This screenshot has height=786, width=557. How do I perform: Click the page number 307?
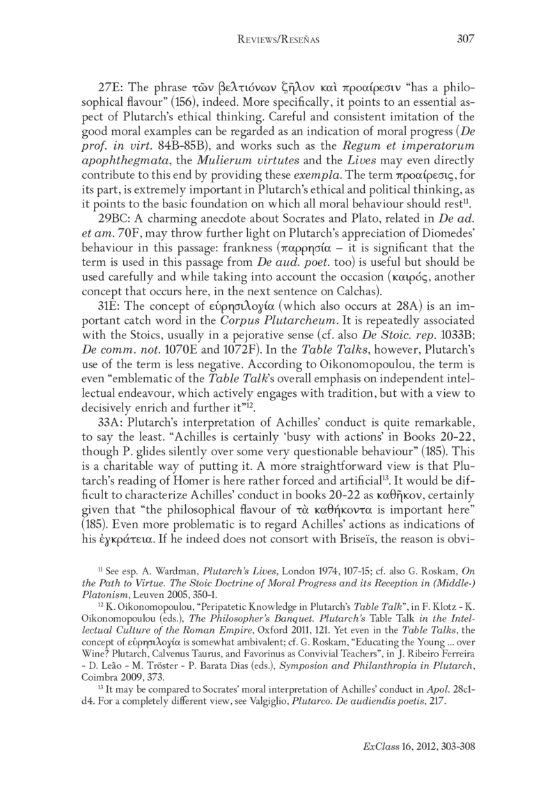tap(464, 40)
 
